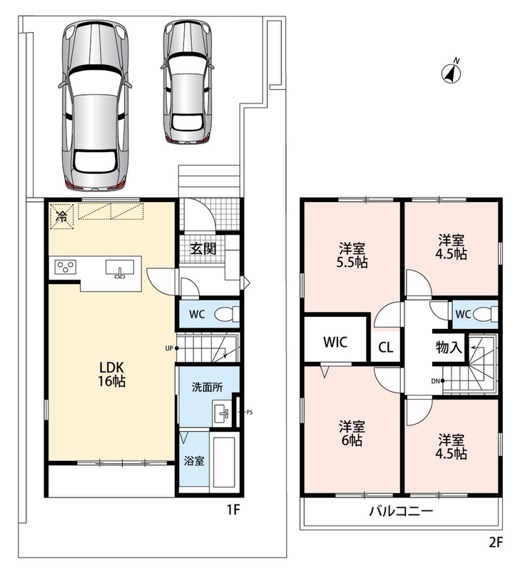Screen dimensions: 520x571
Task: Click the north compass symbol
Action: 451,72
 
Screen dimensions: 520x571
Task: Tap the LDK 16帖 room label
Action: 112,374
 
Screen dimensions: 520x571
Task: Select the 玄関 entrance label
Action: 203,248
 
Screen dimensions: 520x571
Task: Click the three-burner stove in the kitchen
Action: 66,267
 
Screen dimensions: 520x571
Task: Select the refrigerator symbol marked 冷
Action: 61,216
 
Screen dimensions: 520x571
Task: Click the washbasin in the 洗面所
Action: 222,413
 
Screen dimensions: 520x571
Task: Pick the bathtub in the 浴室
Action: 225,461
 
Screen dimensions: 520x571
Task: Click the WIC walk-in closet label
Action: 335,342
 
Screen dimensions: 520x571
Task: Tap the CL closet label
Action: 386,348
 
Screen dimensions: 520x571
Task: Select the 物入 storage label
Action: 449,347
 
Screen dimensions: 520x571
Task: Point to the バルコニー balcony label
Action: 402,511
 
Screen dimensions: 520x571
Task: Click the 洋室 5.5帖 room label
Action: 352,256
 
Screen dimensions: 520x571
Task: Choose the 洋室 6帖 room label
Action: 352,433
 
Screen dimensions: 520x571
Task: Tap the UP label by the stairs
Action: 169,348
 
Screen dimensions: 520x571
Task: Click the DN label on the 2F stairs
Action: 435,381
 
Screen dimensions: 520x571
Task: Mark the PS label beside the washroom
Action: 249,413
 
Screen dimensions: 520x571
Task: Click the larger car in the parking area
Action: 95,106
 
